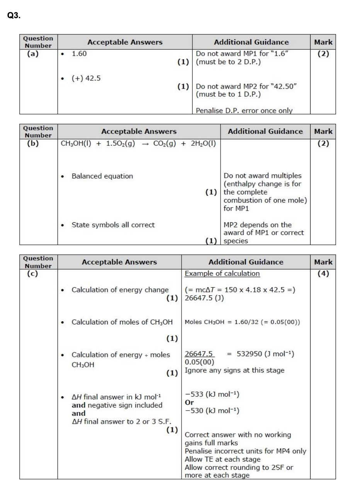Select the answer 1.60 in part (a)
[79, 54]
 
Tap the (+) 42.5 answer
[86, 78]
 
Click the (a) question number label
[32, 54]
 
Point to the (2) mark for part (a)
[323, 54]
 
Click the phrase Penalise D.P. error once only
[244, 111]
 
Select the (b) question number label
[32, 143]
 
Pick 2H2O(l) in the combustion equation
[203, 143]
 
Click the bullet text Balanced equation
[102, 176]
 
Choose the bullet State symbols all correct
[113, 225]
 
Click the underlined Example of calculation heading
[222, 274]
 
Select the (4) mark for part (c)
[323, 274]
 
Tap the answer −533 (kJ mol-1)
[212, 394]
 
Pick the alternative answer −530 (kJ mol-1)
[212, 411]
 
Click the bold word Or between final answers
[189, 402]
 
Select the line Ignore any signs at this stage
[234, 370]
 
